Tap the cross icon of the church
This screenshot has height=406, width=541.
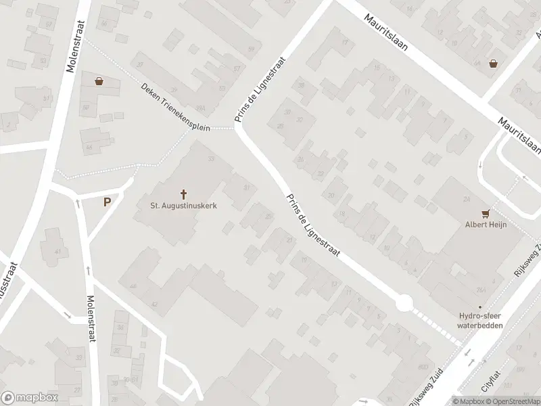[183, 193]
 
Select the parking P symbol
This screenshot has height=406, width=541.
[107, 201]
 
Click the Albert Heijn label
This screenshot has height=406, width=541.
[485, 225]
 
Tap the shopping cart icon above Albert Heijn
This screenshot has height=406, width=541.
[485, 212]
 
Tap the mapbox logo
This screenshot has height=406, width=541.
[29, 397]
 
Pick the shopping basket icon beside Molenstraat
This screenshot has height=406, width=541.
[100, 82]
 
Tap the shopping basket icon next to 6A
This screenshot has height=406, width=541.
[494, 64]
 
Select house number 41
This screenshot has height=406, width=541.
[57, 252]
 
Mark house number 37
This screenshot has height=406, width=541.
[140, 64]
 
